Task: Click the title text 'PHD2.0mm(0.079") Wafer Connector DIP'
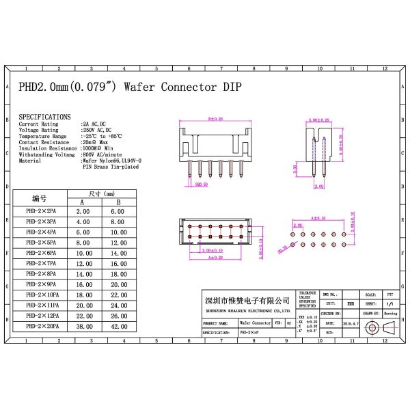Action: click(x=129, y=88)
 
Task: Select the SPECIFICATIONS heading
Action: click(x=44, y=117)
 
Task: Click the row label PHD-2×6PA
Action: click(x=41, y=253)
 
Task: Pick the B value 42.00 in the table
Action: click(x=118, y=326)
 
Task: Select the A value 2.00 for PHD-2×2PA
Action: click(x=83, y=212)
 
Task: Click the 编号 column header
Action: click(x=39, y=198)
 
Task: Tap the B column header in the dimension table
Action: click(x=118, y=202)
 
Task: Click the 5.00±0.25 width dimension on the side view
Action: click(x=318, y=120)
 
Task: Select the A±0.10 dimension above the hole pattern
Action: click(x=318, y=217)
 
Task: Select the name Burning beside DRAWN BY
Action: click(x=390, y=313)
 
